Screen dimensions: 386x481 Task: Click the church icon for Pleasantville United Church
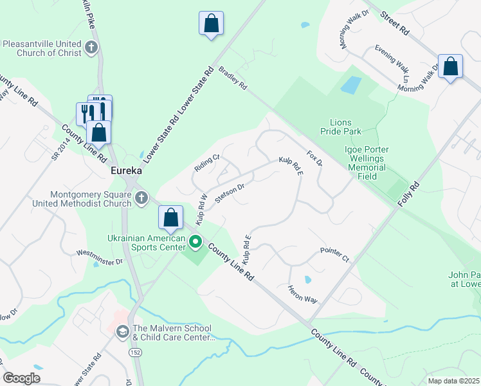click(91, 47)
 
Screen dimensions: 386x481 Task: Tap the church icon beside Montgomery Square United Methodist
click(143, 199)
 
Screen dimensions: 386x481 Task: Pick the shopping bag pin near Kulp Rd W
click(170, 217)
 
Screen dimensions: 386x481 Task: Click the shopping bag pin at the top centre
click(211, 24)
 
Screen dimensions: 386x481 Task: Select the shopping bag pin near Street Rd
click(450, 66)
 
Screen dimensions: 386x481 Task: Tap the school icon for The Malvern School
click(122, 331)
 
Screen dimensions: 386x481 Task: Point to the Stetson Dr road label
click(230, 192)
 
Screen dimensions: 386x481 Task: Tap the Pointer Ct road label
click(334, 254)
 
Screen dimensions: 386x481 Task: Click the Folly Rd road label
click(408, 194)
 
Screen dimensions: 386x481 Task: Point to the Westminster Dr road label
click(99, 257)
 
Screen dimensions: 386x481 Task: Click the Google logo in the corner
click(21, 378)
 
